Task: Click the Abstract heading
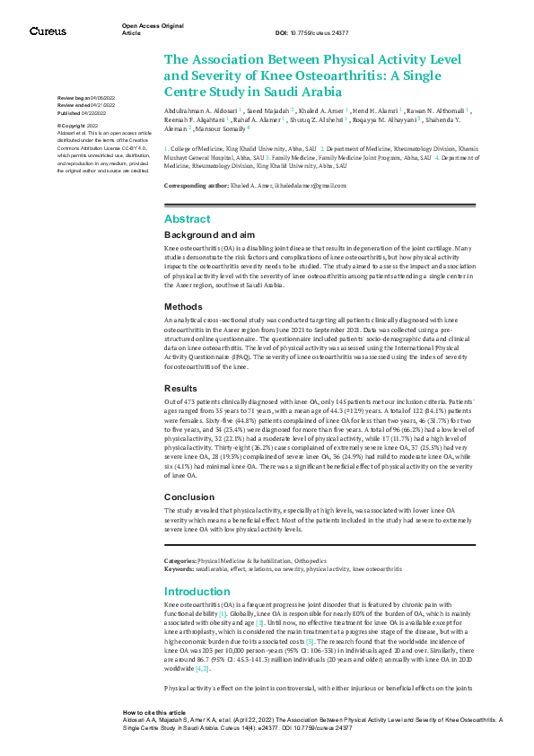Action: click(x=187, y=219)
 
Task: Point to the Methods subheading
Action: click(x=183, y=306)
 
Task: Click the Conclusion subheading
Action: click(x=188, y=497)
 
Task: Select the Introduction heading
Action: click(x=198, y=592)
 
